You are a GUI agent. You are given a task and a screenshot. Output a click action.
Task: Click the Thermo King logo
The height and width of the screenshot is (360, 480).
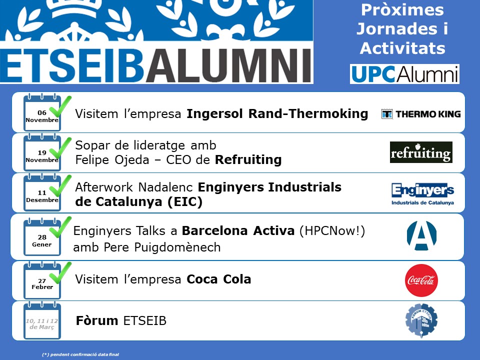point(421,114)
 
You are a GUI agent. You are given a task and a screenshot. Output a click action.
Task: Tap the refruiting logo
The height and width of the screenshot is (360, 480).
point(421,152)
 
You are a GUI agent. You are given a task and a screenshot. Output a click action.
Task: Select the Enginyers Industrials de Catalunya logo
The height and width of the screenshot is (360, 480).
point(422,194)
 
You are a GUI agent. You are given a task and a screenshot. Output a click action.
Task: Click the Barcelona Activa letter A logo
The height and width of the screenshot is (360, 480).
point(421,235)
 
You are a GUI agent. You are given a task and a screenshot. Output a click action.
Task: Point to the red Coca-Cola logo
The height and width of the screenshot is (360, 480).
point(421,280)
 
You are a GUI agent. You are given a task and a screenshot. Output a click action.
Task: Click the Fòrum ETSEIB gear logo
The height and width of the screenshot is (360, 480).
point(421,320)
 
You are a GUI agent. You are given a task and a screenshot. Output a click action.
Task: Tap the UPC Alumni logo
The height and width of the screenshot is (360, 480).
point(404,74)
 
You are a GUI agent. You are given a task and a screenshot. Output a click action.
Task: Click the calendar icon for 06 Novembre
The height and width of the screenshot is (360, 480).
point(42,112)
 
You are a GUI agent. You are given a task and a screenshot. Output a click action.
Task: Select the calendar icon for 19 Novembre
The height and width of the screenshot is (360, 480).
point(42,152)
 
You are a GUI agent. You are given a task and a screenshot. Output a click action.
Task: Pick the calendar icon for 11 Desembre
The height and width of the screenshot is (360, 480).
point(42,192)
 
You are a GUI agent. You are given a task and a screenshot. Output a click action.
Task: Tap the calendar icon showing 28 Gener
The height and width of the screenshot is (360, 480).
point(42,236)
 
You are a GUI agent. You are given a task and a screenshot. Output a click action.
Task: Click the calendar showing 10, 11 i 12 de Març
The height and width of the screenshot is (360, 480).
point(42,320)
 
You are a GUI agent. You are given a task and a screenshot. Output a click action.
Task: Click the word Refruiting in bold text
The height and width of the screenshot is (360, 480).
point(248,160)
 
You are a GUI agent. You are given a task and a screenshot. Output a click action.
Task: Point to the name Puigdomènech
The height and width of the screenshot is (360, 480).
point(177,247)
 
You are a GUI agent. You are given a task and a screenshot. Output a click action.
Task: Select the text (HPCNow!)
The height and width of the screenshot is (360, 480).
point(332,231)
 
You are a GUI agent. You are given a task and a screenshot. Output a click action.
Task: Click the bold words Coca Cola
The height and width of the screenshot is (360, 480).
point(219,279)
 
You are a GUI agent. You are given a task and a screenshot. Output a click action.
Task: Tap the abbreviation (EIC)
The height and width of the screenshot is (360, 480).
point(185,201)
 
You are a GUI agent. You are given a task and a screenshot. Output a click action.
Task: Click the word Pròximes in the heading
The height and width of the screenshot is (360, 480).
point(402,10)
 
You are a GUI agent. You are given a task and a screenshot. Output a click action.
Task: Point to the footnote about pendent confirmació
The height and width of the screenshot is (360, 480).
point(80,354)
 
